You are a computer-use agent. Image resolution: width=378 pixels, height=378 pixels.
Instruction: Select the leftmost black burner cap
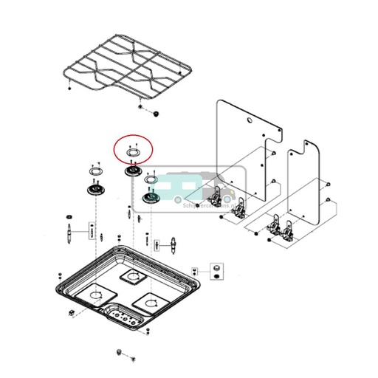(x=94, y=190)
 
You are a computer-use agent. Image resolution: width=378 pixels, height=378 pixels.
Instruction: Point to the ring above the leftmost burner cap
(x=94, y=171)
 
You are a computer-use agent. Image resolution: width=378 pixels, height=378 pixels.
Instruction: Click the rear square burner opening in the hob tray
(x=133, y=278)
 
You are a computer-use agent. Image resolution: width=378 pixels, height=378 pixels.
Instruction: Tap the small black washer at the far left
(x=69, y=215)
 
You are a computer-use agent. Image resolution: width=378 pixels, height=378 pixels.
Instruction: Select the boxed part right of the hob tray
(x=218, y=267)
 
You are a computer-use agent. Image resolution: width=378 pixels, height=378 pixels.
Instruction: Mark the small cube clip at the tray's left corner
(x=69, y=314)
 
